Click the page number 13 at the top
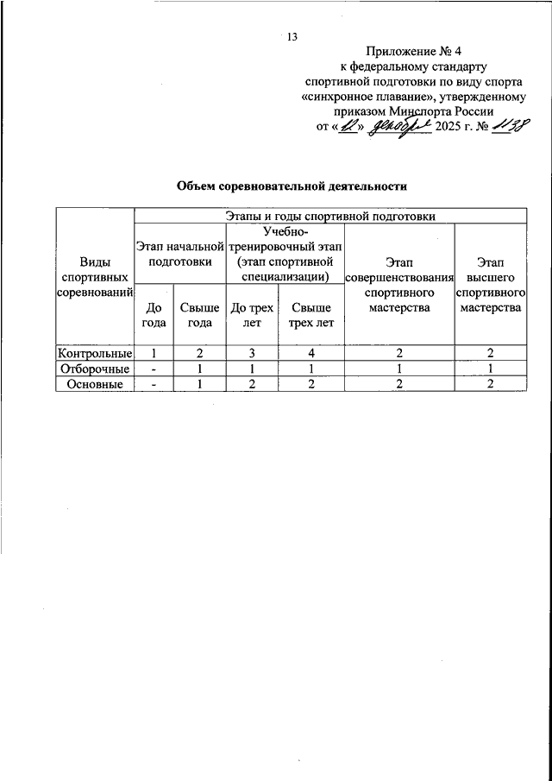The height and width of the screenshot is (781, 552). (x=292, y=36)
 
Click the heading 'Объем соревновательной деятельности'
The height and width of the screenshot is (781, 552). (x=292, y=186)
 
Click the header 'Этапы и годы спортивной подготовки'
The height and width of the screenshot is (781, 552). (x=330, y=216)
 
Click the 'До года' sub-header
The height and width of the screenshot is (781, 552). (x=154, y=314)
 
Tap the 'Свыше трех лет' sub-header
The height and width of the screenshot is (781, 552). (x=310, y=314)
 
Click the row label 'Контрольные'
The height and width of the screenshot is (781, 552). (x=95, y=353)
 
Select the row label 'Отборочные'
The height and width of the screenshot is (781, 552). (x=95, y=369)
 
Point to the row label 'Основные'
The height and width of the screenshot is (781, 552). (x=95, y=385)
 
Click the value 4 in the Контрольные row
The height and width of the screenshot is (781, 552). (x=310, y=353)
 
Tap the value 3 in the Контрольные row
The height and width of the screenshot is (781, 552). (x=252, y=353)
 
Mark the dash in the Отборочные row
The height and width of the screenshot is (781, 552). (x=154, y=369)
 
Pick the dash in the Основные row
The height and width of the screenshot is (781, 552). (x=154, y=385)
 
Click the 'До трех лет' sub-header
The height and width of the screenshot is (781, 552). (x=252, y=314)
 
